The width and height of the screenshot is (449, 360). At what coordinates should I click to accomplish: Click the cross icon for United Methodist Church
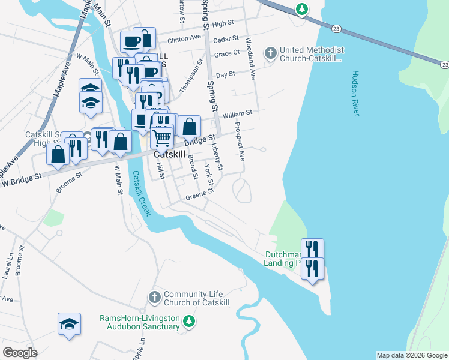(x=271, y=53)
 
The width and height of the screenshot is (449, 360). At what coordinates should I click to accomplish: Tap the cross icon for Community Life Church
(x=154, y=297)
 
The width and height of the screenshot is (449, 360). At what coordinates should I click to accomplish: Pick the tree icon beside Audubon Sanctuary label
(x=189, y=323)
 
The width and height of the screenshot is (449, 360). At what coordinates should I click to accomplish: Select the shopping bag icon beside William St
(x=190, y=126)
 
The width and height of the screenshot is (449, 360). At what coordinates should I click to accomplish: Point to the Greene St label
(x=199, y=194)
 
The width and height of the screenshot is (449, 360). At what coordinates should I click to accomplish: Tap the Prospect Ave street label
(x=240, y=142)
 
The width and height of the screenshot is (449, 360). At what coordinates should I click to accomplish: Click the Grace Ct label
(x=227, y=54)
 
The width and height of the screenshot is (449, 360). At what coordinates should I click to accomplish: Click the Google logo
(x=20, y=353)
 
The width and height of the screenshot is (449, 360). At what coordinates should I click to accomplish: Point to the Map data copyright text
(x=411, y=355)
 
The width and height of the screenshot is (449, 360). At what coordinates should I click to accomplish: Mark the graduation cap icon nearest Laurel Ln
(x=69, y=323)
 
